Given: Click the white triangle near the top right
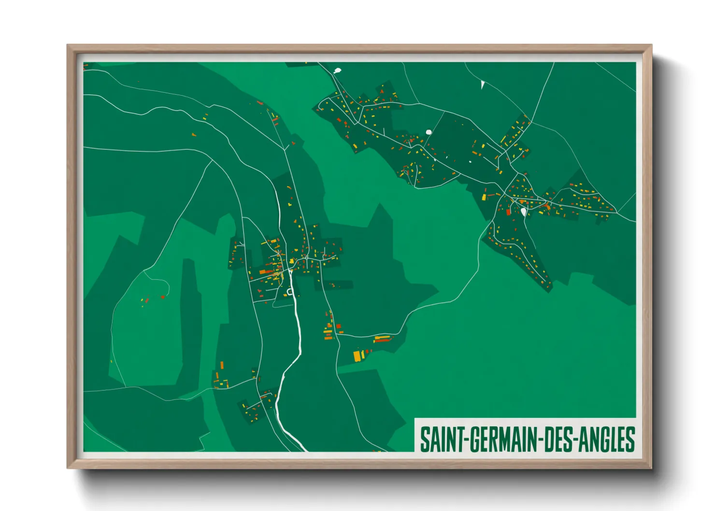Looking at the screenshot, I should pyautogui.click(x=483, y=85).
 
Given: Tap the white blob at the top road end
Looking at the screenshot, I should pyautogui.click(x=337, y=71).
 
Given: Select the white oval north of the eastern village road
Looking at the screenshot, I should pyautogui.click(x=429, y=132).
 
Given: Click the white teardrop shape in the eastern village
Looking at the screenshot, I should pyautogui.click(x=524, y=212).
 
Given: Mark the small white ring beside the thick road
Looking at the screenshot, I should pyautogui.click(x=290, y=291).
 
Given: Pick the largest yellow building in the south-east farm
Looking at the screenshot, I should pyautogui.click(x=357, y=356).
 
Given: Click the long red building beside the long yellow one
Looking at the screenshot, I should pyautogui.click(x=382, y=341).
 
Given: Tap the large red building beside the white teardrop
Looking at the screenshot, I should pyautogui.click(x=508, y=211).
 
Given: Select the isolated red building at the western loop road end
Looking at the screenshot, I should pyautogui.click(x=163, y=297).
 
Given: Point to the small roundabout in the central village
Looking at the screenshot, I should pyautogui.click(x=306, y=258).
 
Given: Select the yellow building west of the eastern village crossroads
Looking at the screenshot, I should pyautogui.click(x=484, y=197).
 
